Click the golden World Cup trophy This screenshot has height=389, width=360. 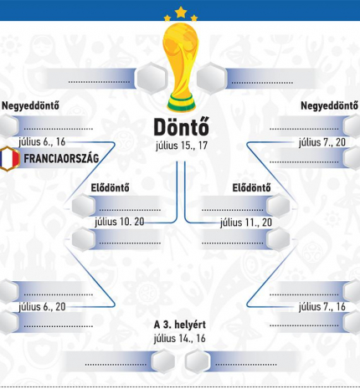pos(181,67)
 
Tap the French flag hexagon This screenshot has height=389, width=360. pos(9,159)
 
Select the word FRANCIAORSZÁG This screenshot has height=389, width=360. pos(61,158)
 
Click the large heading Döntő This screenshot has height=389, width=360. pos(182,127)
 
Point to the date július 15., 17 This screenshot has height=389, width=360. pos(182,146)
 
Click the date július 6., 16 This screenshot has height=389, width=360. pos(42,142)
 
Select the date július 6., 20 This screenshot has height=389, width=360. pos(42,307)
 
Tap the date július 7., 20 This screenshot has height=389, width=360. pos(322,142)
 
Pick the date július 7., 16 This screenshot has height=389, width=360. pos(322,307)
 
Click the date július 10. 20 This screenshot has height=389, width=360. pos(120,222)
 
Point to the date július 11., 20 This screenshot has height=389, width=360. pos(246,223)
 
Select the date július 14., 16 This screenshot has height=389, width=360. pos(180,339)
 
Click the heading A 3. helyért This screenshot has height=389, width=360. pos(180,325)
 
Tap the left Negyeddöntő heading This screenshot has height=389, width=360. pos(30,106)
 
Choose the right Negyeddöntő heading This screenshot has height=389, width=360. pos(329,106)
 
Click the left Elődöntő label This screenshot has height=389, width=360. pos(110,187)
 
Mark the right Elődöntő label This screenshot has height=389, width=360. pos(251,187)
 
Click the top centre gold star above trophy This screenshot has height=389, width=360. pos(181,12)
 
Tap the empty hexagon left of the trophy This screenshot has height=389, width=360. pos(151,79)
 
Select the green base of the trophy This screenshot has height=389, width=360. pos(181,105)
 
